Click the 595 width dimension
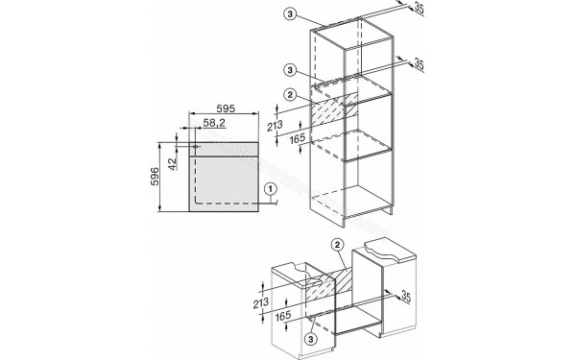(x=227, y=108)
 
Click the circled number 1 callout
(x=272, y=189)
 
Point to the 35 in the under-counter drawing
(x=407, y=294)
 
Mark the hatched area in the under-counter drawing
(x=332, y=284)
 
